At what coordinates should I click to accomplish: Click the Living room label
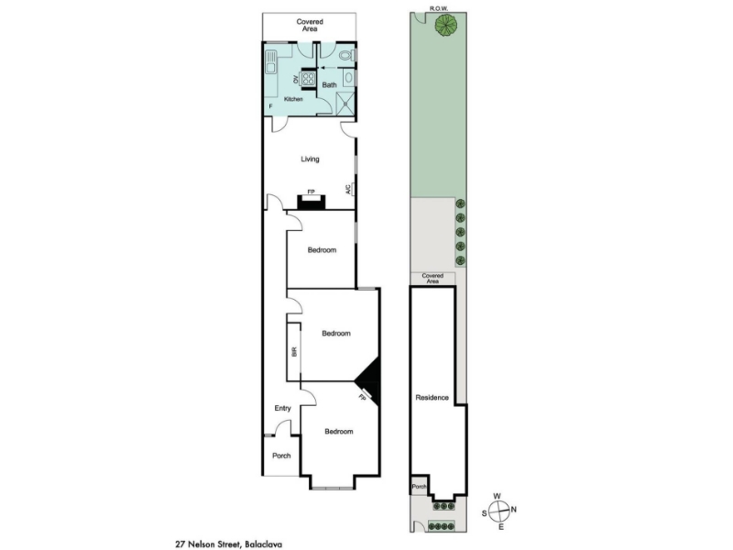[310, 159]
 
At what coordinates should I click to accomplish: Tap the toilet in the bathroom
[347, 56]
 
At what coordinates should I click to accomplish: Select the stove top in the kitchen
[308, 78]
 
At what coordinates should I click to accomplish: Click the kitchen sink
[270, 62]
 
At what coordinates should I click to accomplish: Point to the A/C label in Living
[348, 190]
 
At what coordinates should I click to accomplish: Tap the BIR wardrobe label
[294, 352]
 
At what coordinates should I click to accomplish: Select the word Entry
[282, 408]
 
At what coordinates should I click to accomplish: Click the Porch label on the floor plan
[281, 456]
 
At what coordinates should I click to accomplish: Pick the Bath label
[329, 84]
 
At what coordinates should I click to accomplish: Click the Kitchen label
[293, 99]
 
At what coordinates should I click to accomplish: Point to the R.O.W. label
[439, 8]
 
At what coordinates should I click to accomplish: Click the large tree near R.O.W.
[445, 26]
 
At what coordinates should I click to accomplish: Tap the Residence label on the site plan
[432, 398]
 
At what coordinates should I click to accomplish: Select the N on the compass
[514, 510]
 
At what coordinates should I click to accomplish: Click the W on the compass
[498, 496]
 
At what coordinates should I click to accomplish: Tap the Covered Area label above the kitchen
[310, 26]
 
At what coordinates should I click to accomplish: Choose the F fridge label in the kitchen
[270, 106]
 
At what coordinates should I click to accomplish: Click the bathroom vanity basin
[348, 78]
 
